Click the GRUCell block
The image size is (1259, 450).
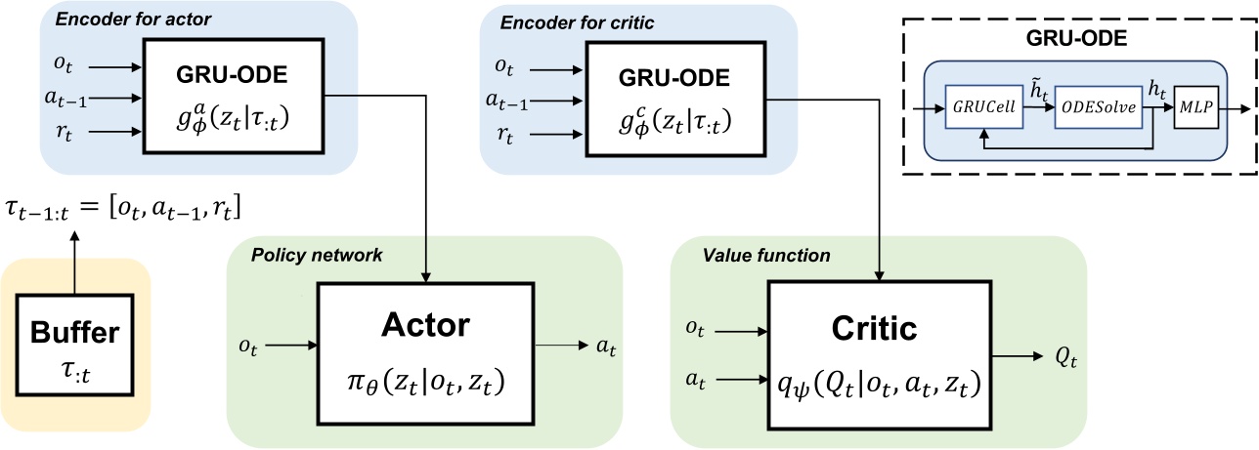(983, 108)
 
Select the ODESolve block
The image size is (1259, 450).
(1100, 108)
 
